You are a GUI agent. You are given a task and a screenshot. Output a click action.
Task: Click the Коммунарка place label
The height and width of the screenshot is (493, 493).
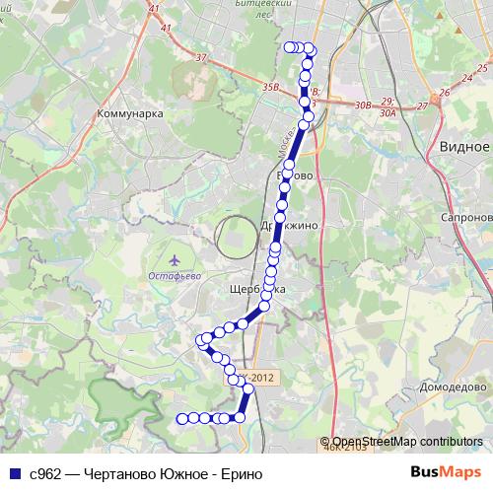(x=129, y=114)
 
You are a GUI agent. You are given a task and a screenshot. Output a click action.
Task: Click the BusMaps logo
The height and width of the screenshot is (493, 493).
(x=446, y=472)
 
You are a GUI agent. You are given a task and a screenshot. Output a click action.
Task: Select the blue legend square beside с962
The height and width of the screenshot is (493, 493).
(x=14, y=473)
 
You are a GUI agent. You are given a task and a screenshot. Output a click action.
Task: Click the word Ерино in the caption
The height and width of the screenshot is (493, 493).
(x=242, y=473)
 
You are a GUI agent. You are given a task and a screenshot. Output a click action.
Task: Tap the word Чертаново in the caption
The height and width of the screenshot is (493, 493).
(x=122, y=473)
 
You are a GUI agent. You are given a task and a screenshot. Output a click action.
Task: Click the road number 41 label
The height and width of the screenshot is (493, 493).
(x=153, y=9)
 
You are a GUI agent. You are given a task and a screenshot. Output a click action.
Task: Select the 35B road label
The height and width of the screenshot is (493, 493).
(x=270, y=88)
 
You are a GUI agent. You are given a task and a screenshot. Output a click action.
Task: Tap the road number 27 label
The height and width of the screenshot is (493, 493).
(x=422, y=106)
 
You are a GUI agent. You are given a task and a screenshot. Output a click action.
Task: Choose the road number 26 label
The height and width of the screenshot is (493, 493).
(x=445, y=93)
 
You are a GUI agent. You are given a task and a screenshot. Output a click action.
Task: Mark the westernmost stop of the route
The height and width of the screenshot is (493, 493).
(x=181, y=418)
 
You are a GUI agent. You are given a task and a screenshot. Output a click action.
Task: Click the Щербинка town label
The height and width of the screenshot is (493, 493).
(x=256, y=289)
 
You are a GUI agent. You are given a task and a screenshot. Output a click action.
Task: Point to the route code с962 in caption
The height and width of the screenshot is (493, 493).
(x=48, y=473)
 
